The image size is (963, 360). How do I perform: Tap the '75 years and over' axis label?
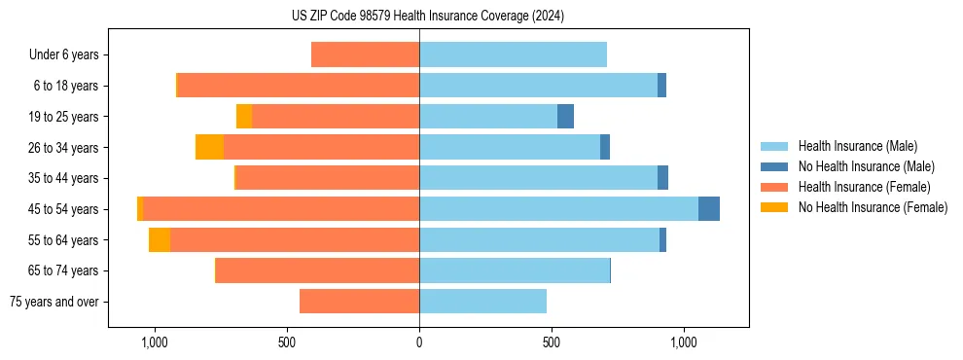(x=54, y=302)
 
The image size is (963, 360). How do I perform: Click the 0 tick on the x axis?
(x=419, y=342)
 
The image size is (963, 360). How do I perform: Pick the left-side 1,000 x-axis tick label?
(x=155, y=342)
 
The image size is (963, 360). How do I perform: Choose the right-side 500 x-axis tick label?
(x=552, y=342)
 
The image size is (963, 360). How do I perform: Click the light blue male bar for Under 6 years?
(x=513, y=54)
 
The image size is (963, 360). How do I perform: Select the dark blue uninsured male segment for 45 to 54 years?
(x=709, y=209)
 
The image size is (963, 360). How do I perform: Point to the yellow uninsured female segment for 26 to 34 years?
(x=209, y=147)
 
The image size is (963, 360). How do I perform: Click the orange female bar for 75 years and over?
(x=359, y=302)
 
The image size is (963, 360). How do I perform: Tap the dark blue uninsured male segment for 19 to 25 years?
(x=565, y=117)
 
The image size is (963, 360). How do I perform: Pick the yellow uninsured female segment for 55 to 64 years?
(x=160, y=240)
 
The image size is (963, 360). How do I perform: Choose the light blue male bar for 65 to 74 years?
(x=515, y=270)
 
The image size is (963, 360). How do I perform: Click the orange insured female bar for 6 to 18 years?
(x=299, y=86)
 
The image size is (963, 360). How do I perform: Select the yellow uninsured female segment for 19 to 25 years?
(x=244, y=117)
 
